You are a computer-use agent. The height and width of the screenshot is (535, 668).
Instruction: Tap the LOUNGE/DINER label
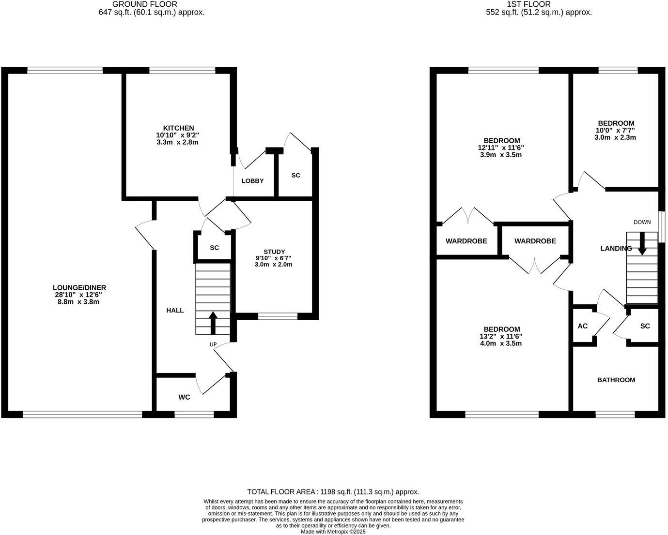click(80, 287)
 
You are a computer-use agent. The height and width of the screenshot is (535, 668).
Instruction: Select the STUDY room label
click(274, 252)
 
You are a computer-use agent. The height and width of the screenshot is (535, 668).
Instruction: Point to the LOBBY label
click(252, 181)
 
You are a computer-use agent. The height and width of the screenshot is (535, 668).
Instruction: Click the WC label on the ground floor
click(184, 398)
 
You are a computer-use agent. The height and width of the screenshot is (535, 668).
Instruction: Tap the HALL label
click(175, 311)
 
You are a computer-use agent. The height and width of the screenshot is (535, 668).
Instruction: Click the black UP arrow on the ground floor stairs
click(213, 323)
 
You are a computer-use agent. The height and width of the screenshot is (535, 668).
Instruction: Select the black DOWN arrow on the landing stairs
click(642, 244)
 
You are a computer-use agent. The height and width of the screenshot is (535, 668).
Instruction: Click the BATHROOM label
click(616, 380)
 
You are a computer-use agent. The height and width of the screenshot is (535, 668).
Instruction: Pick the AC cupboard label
click(582, 326)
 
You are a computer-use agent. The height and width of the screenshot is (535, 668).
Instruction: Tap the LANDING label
click(616, 249)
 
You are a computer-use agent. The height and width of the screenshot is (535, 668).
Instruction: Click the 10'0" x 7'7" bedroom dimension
click(615, 130)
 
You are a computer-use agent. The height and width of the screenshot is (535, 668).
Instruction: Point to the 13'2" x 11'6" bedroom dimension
click(500, 337)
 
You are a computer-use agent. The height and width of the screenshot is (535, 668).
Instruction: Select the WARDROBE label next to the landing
click(535, 241)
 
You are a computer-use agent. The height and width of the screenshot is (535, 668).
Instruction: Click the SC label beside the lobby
click(295, 175)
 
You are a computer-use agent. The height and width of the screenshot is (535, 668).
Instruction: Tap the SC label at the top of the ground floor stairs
click(214, 248)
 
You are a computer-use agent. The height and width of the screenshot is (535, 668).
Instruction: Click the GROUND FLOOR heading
click(138, 4)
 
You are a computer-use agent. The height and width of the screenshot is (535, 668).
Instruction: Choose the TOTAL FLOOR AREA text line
click(333, 491)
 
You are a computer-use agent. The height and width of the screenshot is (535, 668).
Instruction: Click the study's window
click(278, 316)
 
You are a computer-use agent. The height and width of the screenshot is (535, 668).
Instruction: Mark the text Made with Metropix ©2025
click(333, 531)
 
